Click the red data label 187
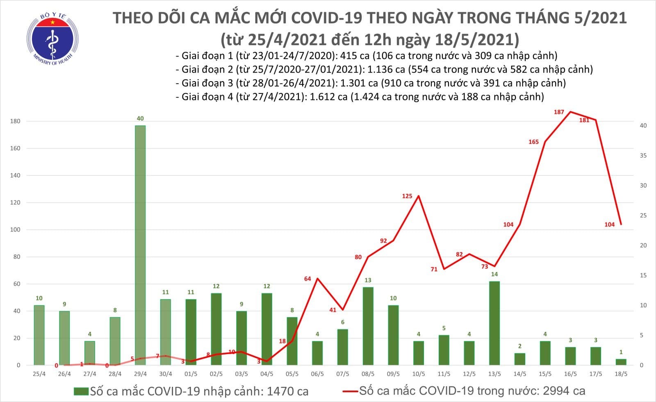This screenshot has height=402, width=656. pos(559,112)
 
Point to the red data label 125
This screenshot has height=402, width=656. pos(407,196)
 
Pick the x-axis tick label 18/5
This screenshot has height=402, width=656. pos(621,374)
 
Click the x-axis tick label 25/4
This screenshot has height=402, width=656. pos(39,374)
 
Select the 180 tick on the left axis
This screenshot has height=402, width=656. pos(16,121)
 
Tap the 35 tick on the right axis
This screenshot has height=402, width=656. pos(643,156)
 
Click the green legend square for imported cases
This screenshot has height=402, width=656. pos(81,391)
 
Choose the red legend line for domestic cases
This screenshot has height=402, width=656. pos(351,391)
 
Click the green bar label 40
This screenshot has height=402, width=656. pos(140,118)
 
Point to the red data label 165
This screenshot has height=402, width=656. pos(533,142)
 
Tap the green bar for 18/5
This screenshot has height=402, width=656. pos(621,362)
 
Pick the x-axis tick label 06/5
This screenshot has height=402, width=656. pos(317,374)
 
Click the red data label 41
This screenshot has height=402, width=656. pos(333,310)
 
